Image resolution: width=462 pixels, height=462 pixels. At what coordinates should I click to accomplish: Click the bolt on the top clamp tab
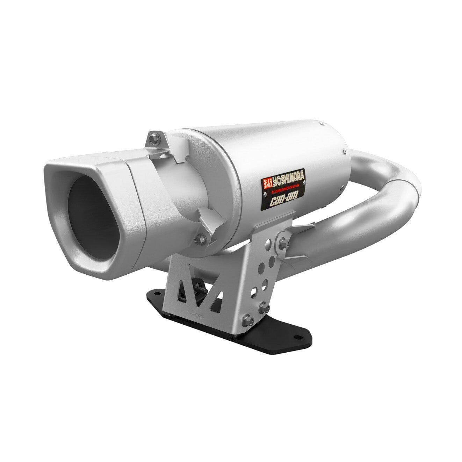pyautogui.click(x=153, y=139)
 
